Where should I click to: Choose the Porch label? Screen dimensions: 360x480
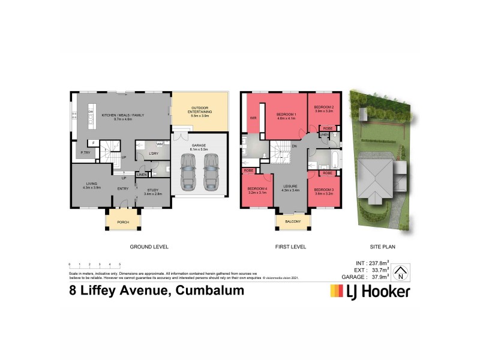coord(123,222)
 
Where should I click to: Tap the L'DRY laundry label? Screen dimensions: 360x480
coord(153,154)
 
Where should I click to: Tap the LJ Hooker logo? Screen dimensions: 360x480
coord(370,292)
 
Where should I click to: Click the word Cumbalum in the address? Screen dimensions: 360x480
coord(208,291)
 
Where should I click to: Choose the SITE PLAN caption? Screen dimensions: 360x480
coord(382,247)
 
